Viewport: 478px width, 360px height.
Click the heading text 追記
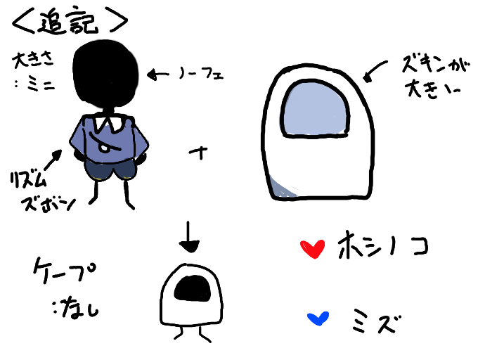click(x=70, y=20)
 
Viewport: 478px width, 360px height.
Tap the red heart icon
click(x=311, y=248)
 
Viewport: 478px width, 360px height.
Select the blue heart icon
click(x=318, y=319)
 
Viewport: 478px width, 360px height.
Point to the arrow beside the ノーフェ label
click(x=160, y=72)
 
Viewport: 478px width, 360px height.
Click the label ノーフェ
click(x=202, y=72)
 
